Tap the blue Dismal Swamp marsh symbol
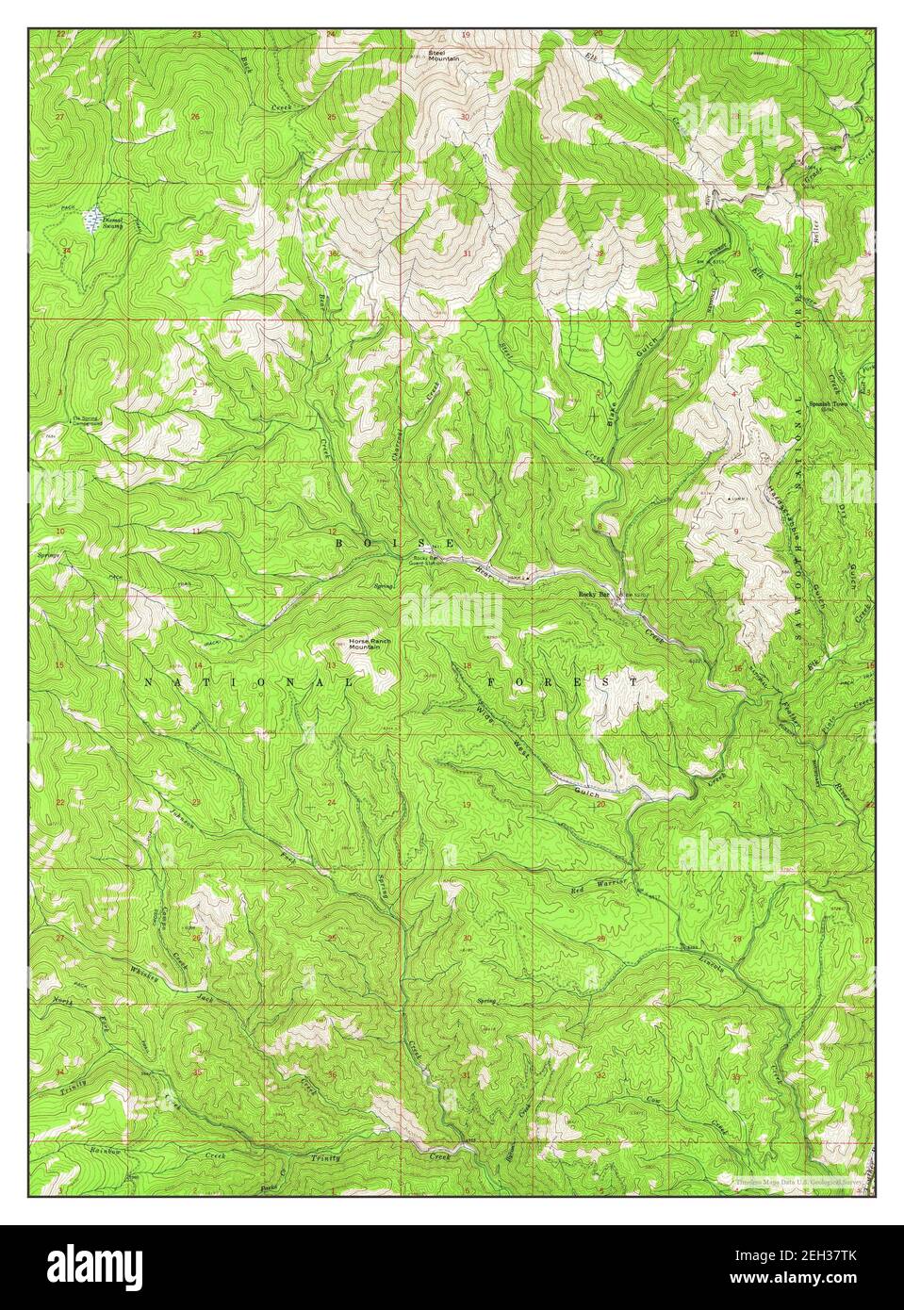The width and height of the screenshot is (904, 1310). point(92,220)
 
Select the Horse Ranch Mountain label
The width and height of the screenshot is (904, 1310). point(370,645)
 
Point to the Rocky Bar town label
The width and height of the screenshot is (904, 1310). point(595,596)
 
